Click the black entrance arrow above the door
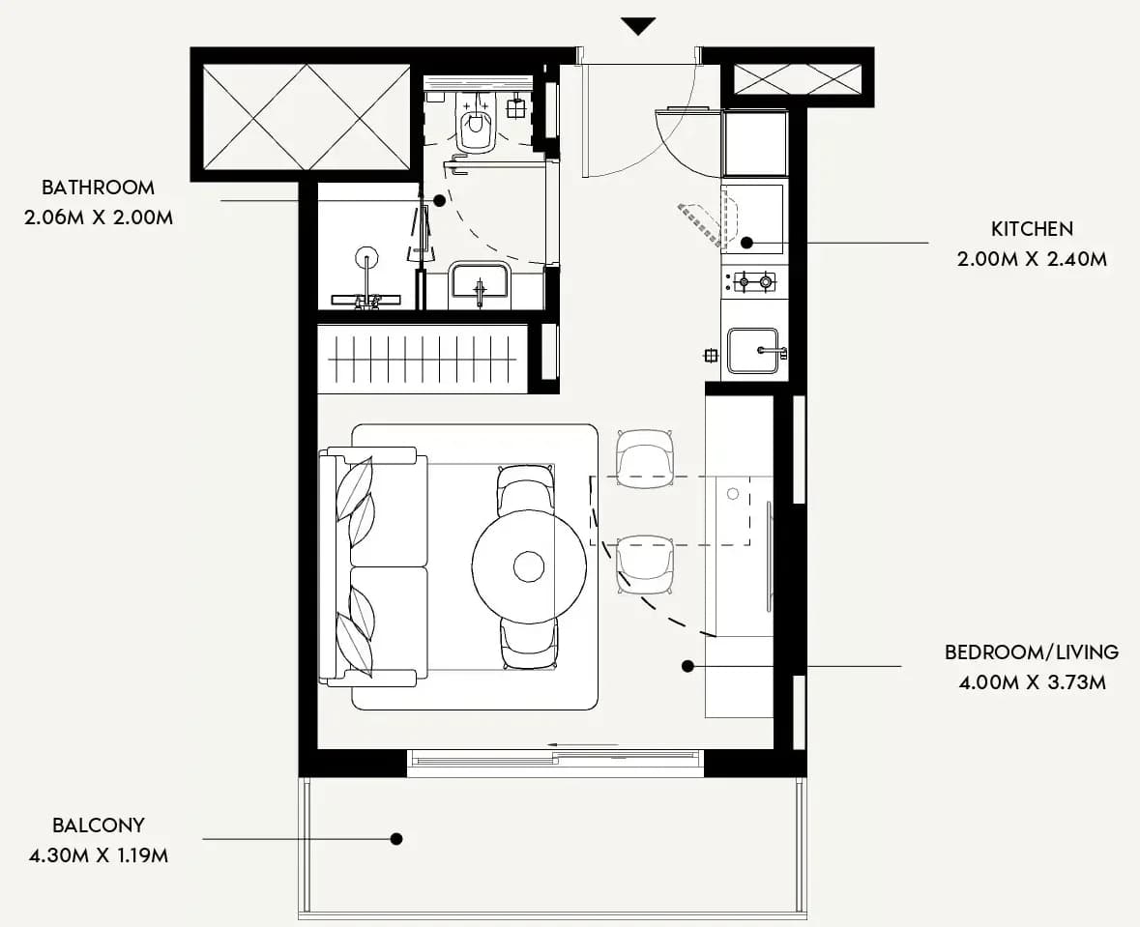(639, 26)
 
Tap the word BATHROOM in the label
(99, 188)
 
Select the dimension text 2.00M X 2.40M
(1032, 259)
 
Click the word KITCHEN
(1032, 229)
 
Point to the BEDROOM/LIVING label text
(1032, 652)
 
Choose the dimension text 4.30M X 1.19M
(99, 855)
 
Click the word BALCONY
(99, 826)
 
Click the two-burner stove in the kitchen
(754, 281)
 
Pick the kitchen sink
(754, 351)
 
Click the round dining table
(529, 566)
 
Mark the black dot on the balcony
(396, 839)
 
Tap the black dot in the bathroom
(439, 200)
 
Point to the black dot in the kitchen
(746, 243)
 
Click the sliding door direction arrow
(583, 745)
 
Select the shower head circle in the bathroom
(365, 257)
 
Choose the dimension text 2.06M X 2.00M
(99, 217)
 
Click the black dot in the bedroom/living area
(687, 666)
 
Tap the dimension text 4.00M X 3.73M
(1032, 682)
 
